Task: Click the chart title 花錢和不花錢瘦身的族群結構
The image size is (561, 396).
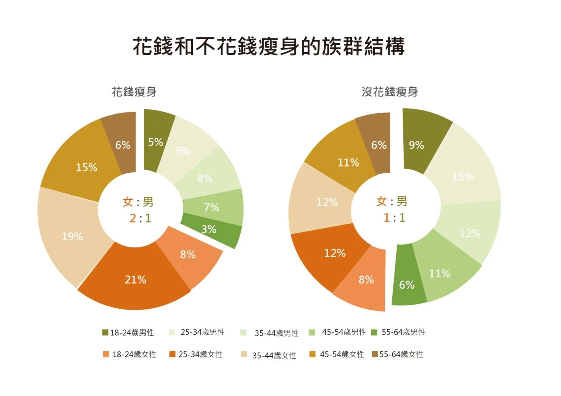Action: coord(269,47)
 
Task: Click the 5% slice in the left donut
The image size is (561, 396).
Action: coord(156,142)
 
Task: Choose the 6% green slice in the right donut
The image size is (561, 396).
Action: coord(406,285)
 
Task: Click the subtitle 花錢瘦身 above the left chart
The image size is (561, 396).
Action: coord(134,92)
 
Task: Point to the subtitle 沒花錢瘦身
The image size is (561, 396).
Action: coord(390,92)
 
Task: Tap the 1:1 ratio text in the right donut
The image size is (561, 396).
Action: coord(394,217)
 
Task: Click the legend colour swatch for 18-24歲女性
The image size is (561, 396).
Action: coord(106,354)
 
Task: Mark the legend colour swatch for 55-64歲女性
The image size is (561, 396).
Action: coord(375,354)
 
